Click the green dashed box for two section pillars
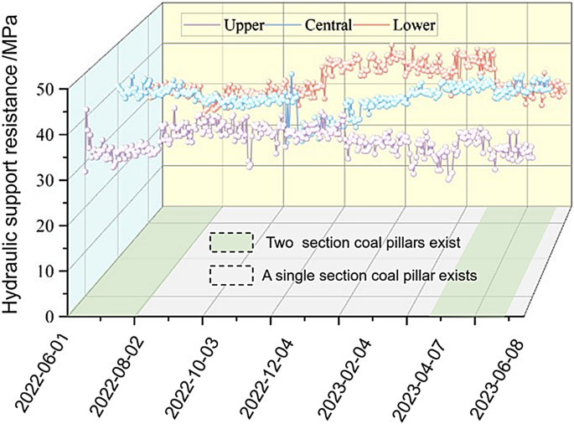(231, 243)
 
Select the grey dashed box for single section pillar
(231, 276)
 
